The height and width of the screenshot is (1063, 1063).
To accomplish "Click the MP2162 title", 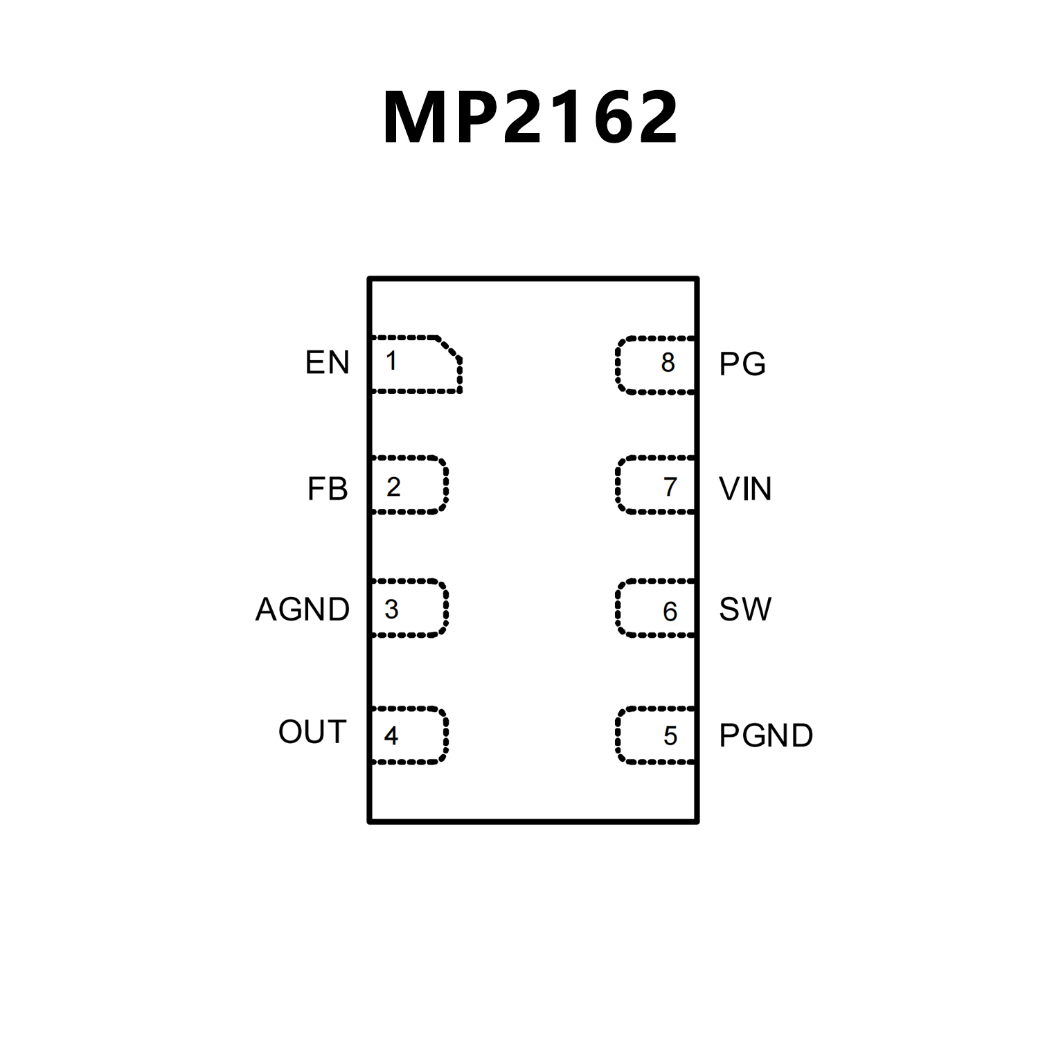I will pos(530,117).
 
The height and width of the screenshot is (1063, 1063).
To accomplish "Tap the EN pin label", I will pos(328,363).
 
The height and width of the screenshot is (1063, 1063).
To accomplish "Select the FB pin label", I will pos(328,489).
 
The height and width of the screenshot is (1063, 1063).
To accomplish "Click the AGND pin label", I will pos(303,609).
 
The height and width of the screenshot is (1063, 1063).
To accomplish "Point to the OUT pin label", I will pos(312,732).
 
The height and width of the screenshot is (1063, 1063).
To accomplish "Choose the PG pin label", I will pos(742,364).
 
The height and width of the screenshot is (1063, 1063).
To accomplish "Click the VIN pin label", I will pos(745,489).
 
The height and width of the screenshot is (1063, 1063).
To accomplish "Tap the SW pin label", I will pos(744,609).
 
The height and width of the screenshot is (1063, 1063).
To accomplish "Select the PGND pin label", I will pos(766,735).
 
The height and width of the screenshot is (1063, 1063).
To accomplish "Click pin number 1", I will pos(392,361).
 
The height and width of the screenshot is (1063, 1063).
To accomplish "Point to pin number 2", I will pos(393,488).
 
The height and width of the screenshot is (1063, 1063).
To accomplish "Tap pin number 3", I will pos(391,609).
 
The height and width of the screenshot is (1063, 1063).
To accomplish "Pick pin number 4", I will pos(391,735).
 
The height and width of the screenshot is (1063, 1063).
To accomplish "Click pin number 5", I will pos(670,735).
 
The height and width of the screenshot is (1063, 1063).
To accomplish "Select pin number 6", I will pos(670,611).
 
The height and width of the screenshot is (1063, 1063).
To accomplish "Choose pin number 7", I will pos(670,488).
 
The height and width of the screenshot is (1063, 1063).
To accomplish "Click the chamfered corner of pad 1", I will pos(449,348).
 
